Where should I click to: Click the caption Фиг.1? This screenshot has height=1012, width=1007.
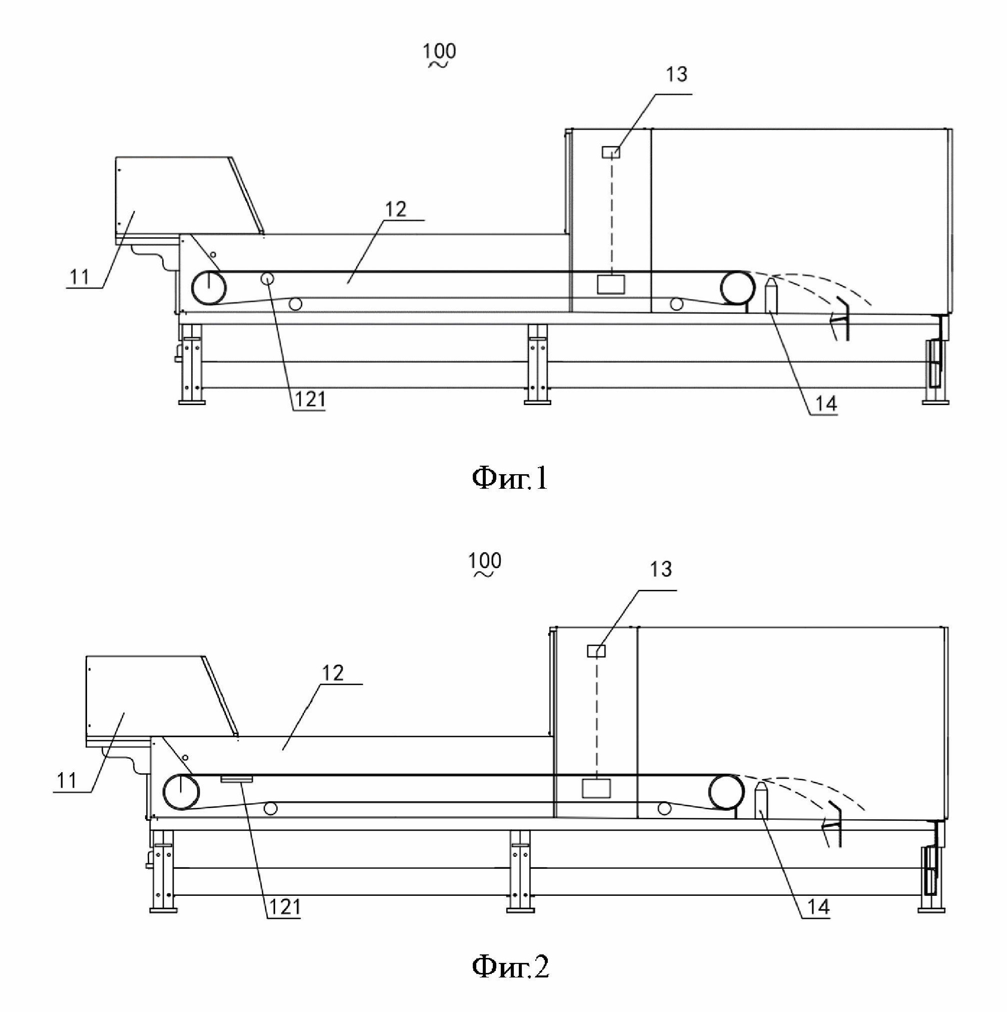coord(510,478)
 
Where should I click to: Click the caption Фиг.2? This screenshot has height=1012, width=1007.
coord(511,966)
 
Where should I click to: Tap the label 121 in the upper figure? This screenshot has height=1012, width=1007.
coord(310,399)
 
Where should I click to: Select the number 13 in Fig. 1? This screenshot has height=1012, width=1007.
coord(676,75)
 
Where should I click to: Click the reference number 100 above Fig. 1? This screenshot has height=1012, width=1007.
coord(440,52)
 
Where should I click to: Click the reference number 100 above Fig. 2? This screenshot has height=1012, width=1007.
coord(485,561)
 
